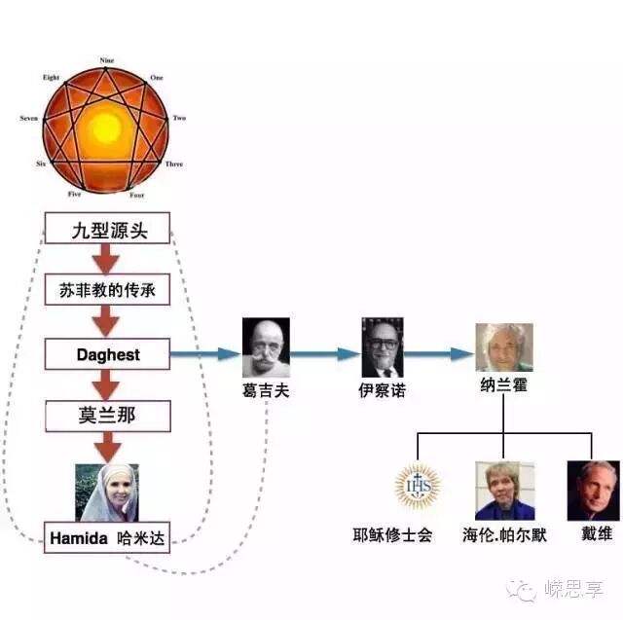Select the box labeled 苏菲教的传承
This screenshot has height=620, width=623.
pyautogui.click(x=108, y=291)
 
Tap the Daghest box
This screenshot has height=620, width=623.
pyautogui.click(x=108, y=354)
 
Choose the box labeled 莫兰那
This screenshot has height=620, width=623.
pyautogui.click(x=108, y=417)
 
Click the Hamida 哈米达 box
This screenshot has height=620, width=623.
pyautogui.click(x=108, y=536)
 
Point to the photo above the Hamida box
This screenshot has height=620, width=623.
pyautogui.click(x=108, y=492)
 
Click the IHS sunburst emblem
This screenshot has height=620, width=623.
pyautogui.click(x=418, y=488)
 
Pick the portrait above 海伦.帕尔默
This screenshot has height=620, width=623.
pyautogui.click(x=504, y=491)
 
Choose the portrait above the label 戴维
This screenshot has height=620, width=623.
pyautogui.click(x=593, y=491)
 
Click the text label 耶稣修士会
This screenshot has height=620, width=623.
pyautogui.click(x=392, y=534)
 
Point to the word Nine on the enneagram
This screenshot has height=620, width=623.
pyautogui.click(x=107, y=60)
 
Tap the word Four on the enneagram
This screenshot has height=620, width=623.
pyautogui.click(x=138, y=194)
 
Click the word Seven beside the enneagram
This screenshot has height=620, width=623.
pyautogui.click(x=29, y=119)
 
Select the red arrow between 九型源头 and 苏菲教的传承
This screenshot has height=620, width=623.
pyautogui.click(x=108, y=260)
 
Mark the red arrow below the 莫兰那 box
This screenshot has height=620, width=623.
pyautogui.click(x=108, y=447)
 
